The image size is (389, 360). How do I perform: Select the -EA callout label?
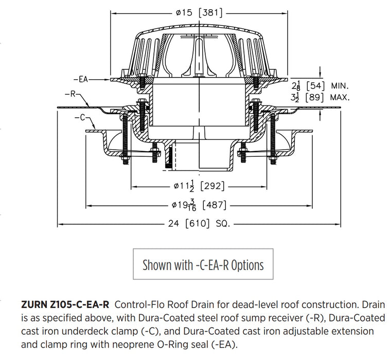pos(80,80)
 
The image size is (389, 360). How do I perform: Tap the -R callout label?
pos(73,94)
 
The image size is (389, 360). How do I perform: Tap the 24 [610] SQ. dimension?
pos(200,224)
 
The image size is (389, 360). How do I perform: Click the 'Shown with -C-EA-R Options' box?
pos(203,265)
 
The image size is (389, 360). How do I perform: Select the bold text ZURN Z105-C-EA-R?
pos(65,305)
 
